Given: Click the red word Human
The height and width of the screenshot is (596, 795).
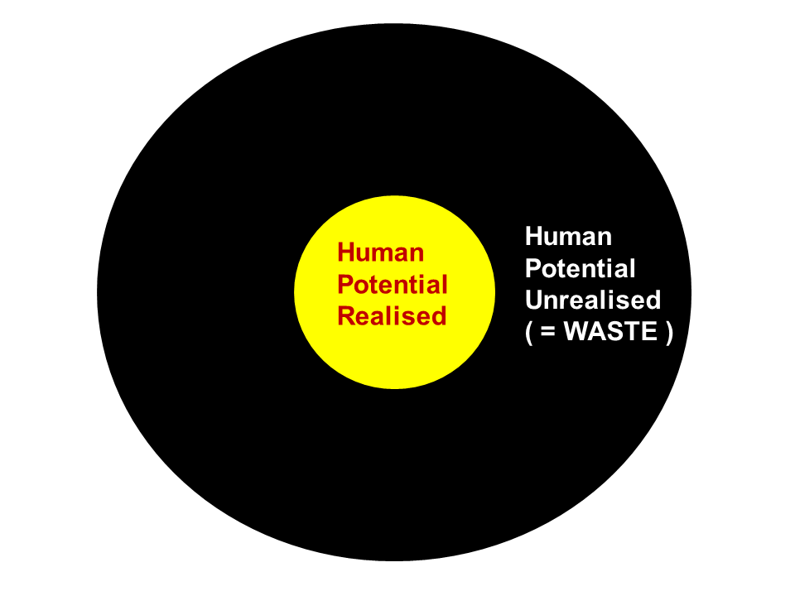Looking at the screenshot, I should click(381, 252).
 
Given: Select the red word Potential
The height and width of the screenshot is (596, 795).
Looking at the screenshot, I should click(393, 286).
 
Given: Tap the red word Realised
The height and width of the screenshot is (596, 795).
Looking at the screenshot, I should click(392, 316).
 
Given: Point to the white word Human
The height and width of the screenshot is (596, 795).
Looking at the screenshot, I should click(568, 237).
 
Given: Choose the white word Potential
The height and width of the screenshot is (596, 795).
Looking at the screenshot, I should click(581, 269).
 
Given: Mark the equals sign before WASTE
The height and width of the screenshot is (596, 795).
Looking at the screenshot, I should click(548, 333).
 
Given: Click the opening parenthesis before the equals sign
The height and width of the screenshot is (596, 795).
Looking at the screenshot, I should click(529, 333).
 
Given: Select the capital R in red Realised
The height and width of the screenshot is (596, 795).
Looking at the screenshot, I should click(345, 316).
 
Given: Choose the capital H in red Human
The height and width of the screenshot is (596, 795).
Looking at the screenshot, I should click(346, 252).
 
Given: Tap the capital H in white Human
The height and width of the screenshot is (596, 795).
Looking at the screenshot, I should click(534, 237).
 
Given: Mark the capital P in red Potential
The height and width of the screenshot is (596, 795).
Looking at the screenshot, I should click(345, 286).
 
